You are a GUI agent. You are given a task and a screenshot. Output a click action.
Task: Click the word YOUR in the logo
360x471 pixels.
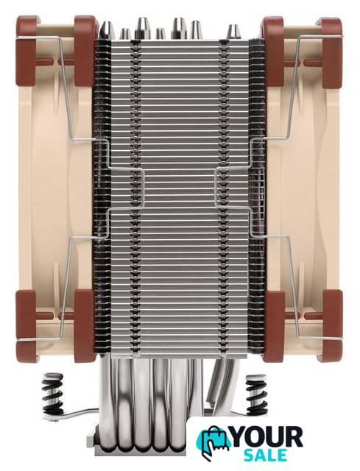(x=268, y=436)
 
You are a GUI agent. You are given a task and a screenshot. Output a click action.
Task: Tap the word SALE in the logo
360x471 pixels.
(x=265, y=455)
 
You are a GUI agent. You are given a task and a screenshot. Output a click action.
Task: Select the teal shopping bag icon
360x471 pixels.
(x=213, y=442)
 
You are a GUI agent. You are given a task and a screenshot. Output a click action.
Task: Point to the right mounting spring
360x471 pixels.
(x=256, y=394)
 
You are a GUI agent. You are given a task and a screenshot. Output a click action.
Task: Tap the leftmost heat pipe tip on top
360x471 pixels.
(x=107, y=30)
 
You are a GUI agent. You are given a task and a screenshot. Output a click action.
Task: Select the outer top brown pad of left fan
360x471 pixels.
(x=27, y=51)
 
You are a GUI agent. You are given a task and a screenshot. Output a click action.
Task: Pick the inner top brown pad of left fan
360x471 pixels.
(x=85, y=51)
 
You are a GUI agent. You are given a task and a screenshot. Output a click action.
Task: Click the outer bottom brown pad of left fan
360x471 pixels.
(x=27, y=325)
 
